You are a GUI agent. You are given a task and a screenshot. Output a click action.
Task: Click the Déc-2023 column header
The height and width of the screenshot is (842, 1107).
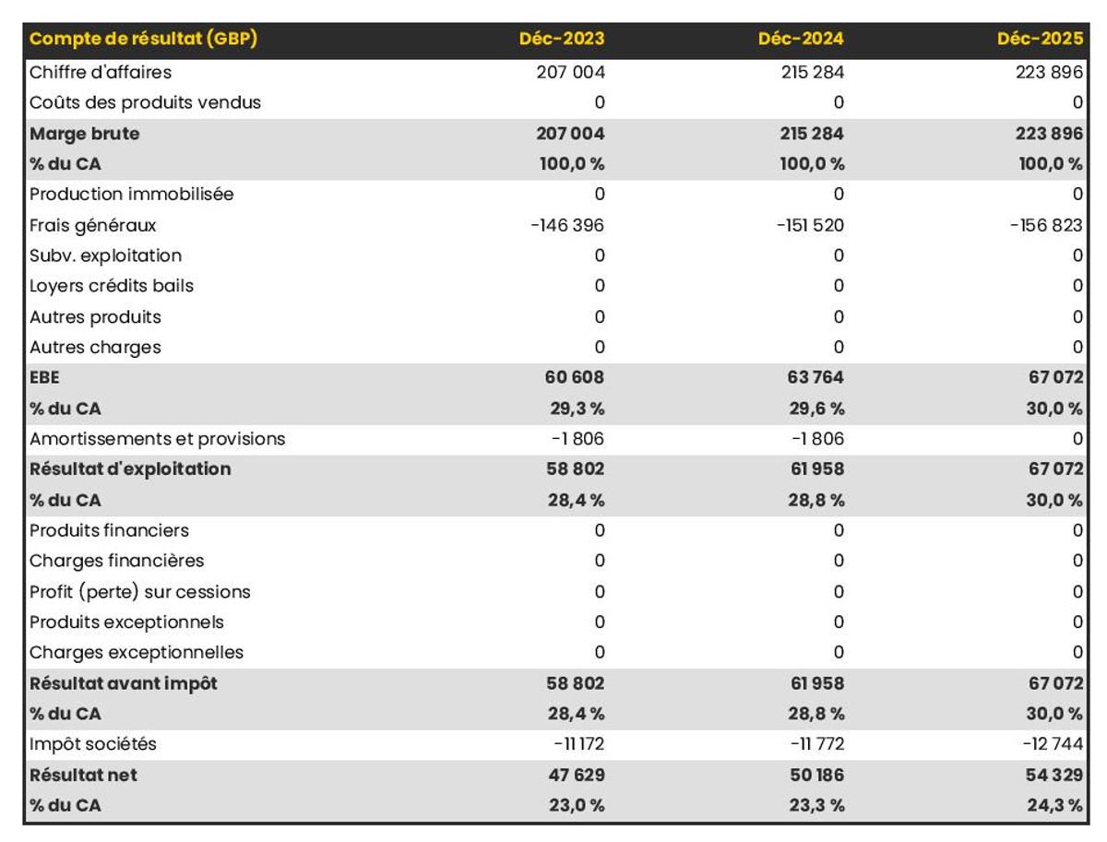click(561, 39)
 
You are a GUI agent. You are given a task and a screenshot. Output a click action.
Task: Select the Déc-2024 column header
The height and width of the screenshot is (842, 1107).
click(801, 39)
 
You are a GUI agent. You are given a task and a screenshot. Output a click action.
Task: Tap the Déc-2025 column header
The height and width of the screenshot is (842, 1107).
click(1040, 39)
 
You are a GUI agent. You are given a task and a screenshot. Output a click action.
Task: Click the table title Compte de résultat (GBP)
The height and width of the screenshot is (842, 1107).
click(143, 39)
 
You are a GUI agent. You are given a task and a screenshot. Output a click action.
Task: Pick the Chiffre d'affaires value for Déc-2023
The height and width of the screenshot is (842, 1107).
click(570, 72)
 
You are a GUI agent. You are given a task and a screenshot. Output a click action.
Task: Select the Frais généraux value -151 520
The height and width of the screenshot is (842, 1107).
click(810, 225)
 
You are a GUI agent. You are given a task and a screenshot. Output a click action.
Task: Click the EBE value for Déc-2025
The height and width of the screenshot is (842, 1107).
click(1055, 377)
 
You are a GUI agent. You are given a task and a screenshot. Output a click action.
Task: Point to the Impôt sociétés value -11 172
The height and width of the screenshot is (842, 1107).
click(578, 743)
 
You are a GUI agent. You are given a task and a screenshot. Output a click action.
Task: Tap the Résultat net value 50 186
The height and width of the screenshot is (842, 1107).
click(816, 775)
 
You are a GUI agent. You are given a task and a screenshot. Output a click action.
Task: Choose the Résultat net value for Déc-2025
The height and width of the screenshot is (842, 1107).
click(1054, 775)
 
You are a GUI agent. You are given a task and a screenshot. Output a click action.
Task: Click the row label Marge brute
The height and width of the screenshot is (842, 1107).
click(84, 134)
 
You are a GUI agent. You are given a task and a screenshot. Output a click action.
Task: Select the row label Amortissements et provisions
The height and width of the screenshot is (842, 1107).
click(158, 439)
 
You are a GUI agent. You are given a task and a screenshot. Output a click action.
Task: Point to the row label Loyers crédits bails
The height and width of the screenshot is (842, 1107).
click(112, 286)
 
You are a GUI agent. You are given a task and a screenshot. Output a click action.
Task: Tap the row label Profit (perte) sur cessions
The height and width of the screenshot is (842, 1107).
click(139, 591)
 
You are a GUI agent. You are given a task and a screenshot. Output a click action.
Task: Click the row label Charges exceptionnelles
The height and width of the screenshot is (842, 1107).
click(137, 652)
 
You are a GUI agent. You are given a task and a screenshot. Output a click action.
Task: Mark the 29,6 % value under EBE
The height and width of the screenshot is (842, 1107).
click(816, 409)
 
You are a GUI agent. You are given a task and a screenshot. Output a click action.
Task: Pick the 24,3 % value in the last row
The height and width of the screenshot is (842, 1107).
click(1054, 805)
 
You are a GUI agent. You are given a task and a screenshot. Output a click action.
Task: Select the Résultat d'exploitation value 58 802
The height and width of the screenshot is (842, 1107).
click(575, 468)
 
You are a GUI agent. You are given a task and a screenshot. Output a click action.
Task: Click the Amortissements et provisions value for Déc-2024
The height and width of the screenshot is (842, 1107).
click(817, 439)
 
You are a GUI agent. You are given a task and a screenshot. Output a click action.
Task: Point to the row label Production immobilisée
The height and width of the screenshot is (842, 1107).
click(131, 194)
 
